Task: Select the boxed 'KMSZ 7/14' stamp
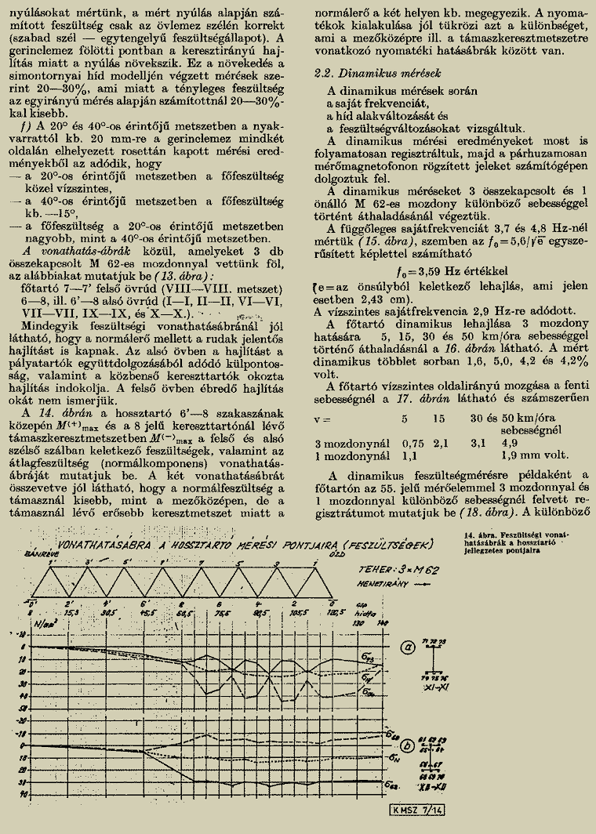pos(413,810)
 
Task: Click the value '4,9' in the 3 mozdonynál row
pos(509,442)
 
